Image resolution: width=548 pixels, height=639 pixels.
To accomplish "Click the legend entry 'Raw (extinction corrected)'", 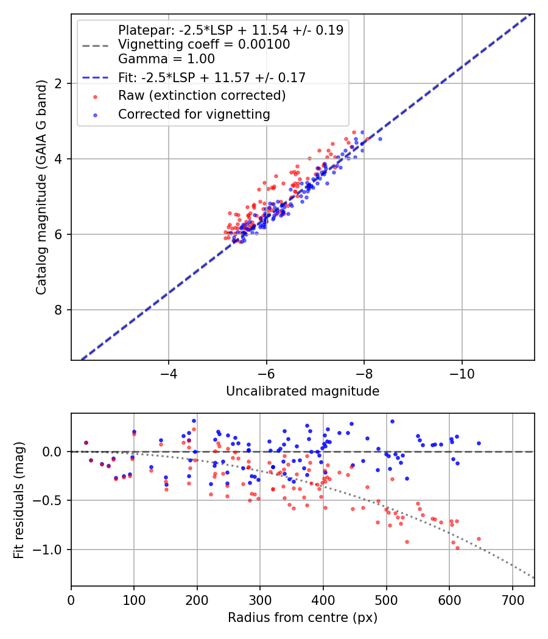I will [202, 96].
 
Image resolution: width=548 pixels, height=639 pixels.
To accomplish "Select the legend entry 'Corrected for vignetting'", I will [194, 114].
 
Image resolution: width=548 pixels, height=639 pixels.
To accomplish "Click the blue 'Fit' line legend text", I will [211, 77].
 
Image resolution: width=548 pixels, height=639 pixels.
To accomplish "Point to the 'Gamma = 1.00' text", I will [166, 59].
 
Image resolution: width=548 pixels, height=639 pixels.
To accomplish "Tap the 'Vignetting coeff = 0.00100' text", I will [204, 44].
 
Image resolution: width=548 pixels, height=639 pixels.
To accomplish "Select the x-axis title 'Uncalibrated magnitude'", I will [303, 391].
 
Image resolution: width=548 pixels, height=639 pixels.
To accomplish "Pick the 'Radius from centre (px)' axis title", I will [303, 618].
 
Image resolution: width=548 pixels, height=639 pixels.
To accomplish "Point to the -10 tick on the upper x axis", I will [462, 372].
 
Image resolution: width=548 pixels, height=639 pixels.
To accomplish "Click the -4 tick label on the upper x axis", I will [169, 372].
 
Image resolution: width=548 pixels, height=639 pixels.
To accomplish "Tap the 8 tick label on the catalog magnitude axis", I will [59, 310].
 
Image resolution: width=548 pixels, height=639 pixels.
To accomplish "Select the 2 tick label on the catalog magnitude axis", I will [59, 83].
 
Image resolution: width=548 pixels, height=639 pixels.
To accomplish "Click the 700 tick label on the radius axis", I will [512, 599].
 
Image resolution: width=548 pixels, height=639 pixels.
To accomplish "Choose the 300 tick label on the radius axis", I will [260, 599].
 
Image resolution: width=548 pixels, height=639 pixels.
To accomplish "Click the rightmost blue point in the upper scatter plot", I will [380, 139].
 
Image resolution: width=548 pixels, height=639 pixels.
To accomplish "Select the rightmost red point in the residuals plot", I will [479, 539].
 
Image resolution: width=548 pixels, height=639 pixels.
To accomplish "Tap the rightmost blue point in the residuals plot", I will [479, 443].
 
